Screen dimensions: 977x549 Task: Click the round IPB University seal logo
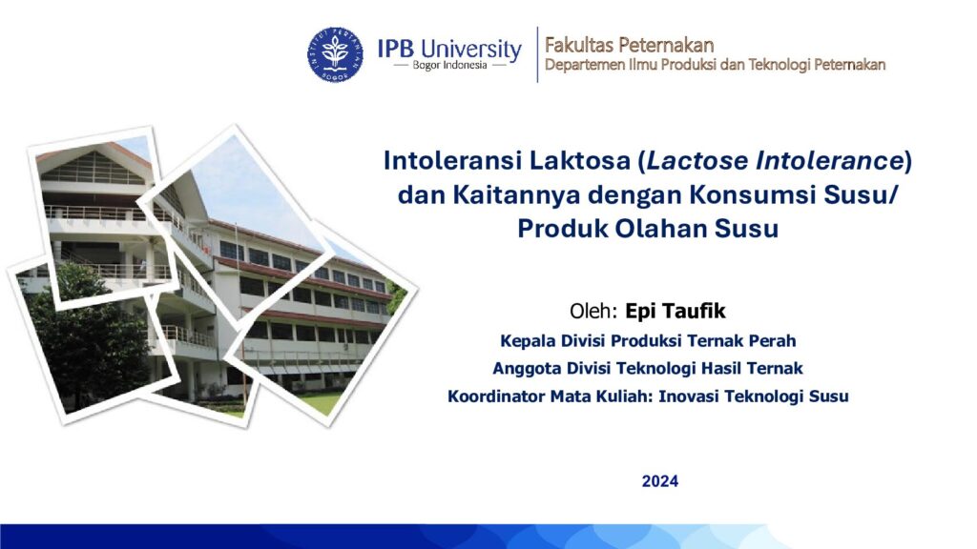click(335, 54)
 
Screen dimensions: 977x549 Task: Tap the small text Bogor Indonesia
click(450, 66)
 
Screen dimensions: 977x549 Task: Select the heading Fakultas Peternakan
click(630, 45)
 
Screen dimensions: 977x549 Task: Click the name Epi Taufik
click(676, 311)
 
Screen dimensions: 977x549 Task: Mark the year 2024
click(660, 481)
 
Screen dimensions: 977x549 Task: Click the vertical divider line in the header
click(537, 54)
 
